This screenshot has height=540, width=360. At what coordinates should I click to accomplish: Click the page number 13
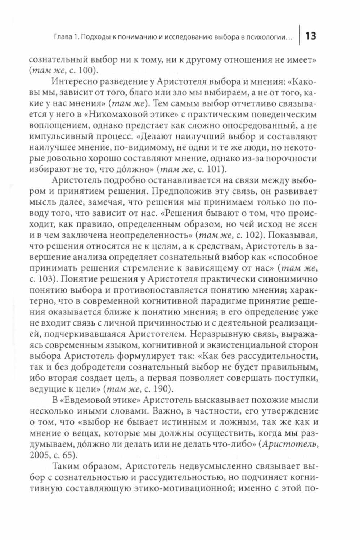311,36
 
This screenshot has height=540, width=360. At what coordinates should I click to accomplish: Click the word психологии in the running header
270,37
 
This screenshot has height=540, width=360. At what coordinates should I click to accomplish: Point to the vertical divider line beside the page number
299,36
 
